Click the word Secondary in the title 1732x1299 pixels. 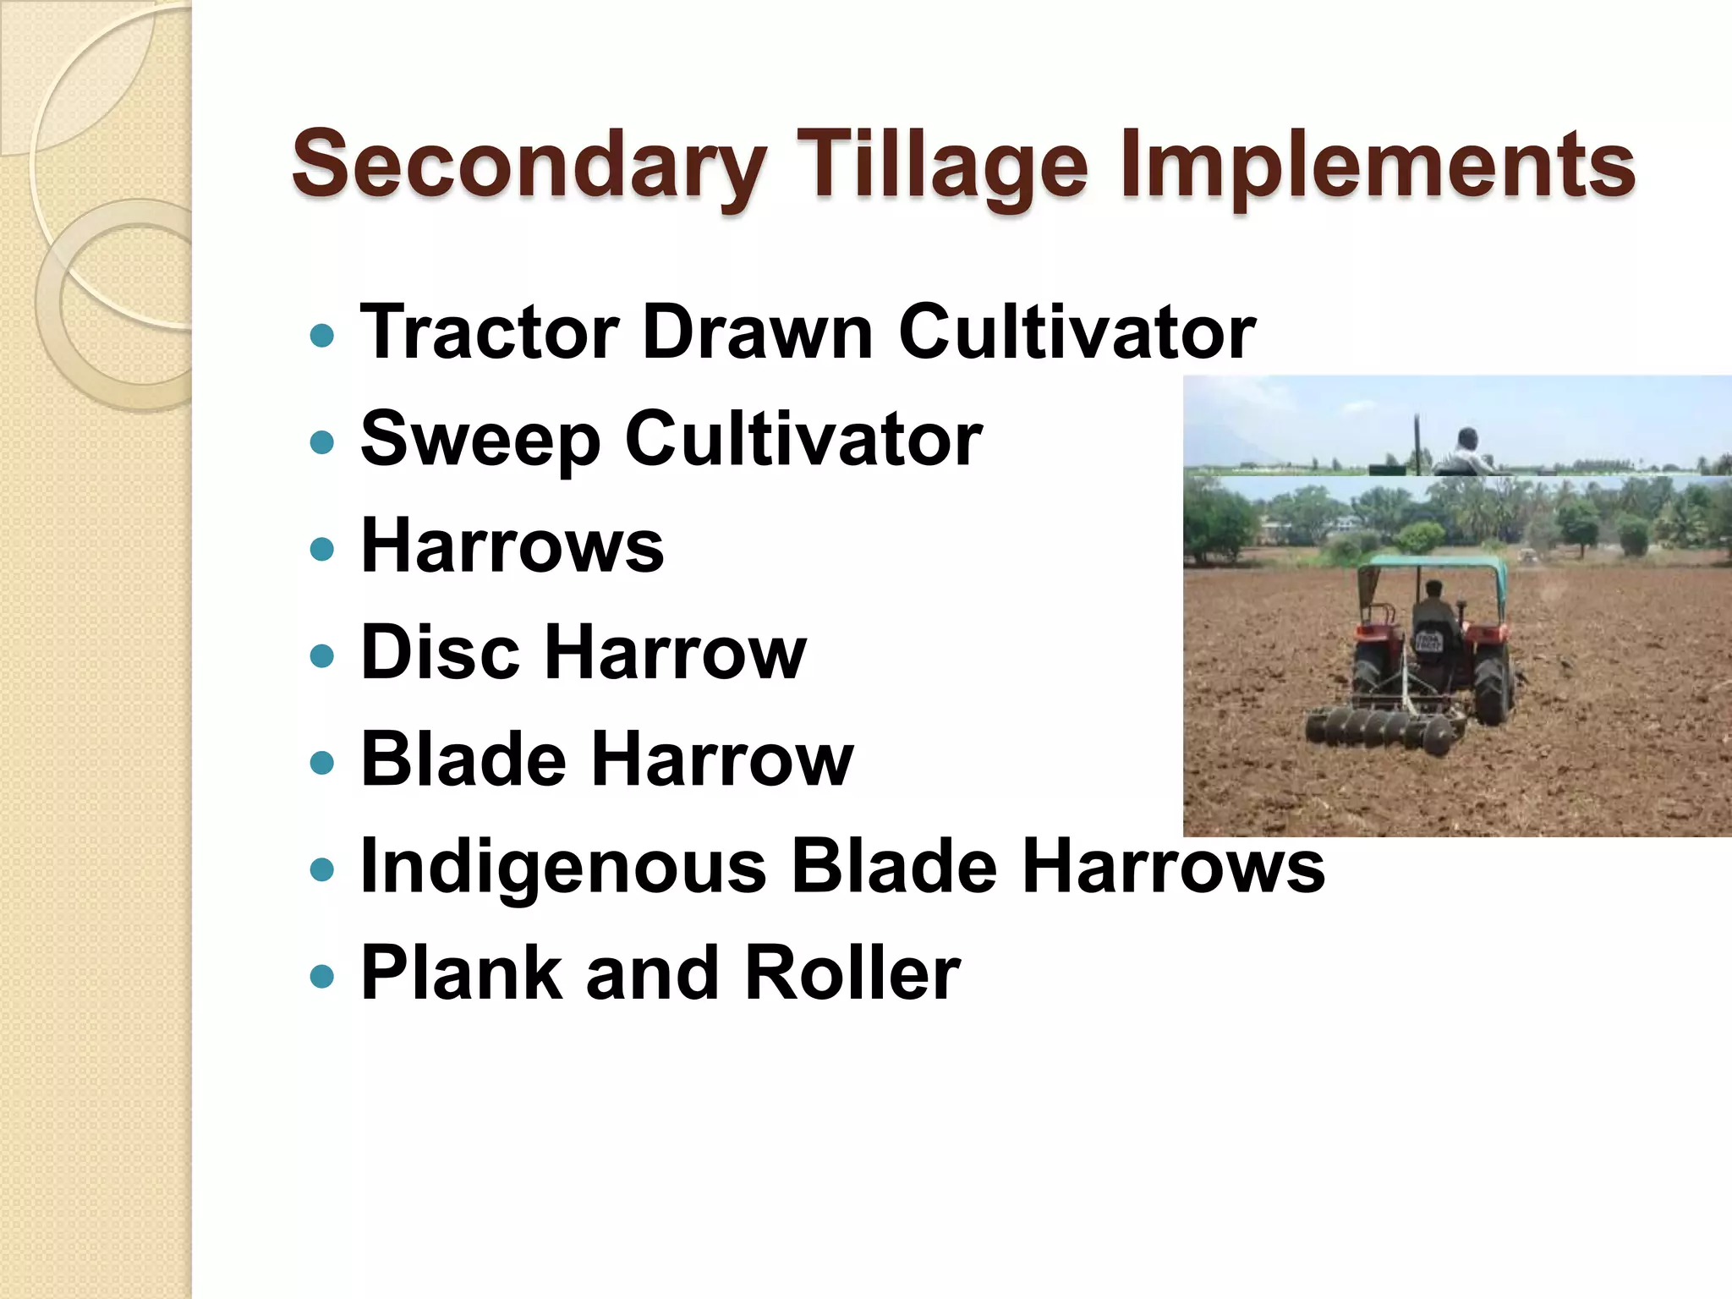click(x=529, y=165)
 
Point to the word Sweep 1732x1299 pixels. click(x=480, y=440)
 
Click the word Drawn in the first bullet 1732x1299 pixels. click(x=757, y=332)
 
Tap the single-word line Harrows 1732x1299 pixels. click(x=512, y=546)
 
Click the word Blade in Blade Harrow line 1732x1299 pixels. click(x=463, y=759)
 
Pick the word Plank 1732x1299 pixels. click(x=461, y=973)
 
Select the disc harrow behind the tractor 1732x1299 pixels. click(x=1378, y=727)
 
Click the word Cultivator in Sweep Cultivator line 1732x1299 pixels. click(x=803, y=440)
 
